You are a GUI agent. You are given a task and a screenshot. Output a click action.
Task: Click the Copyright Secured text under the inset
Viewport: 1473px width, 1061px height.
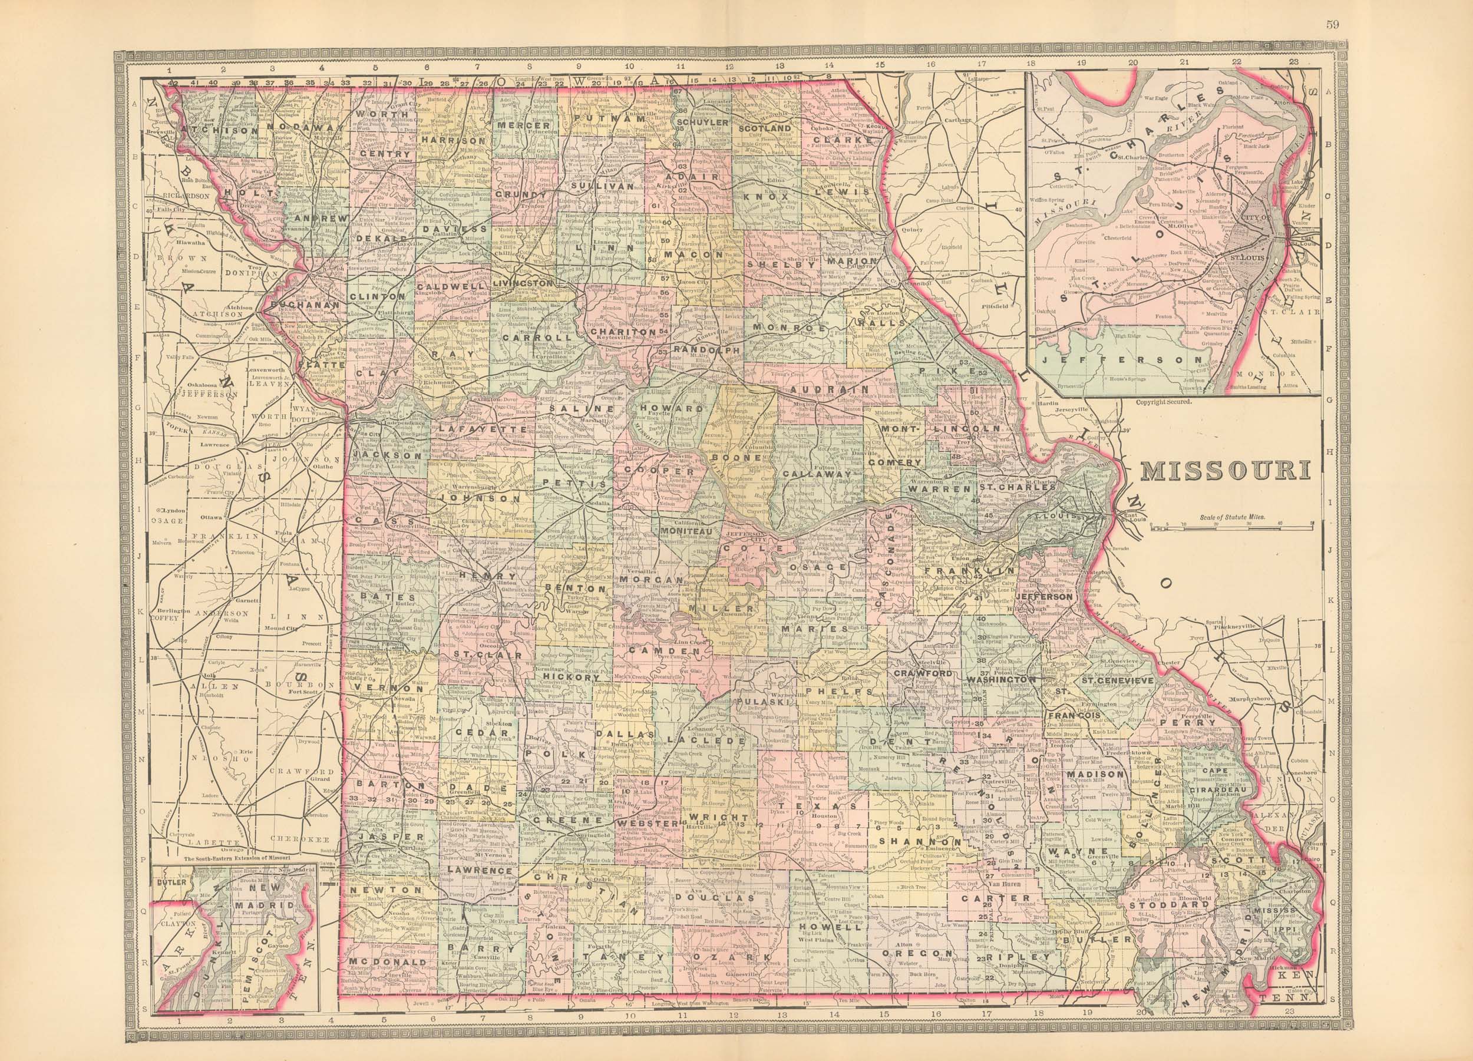tap(1164, 402)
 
